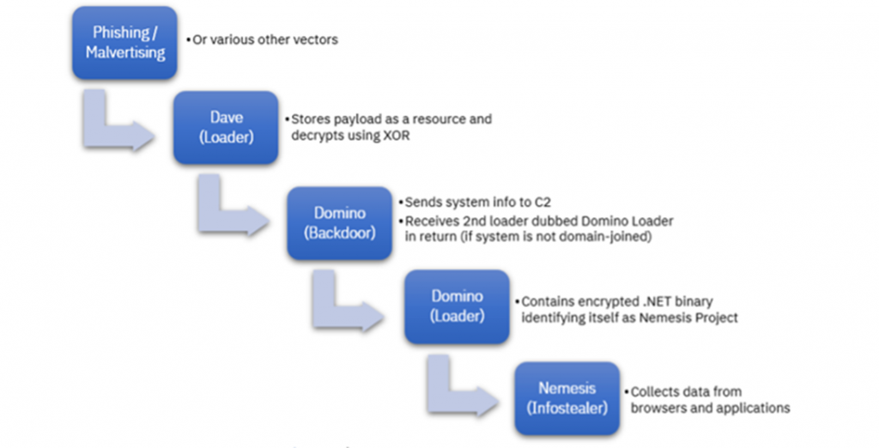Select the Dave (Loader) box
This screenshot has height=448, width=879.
tap(226, 127)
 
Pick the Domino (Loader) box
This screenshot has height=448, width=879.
tap(457, 306)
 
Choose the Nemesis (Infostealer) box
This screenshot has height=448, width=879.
tap(567, 397)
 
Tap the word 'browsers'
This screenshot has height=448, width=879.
tap(659, 408)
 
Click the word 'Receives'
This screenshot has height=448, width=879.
tap(434, 221)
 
